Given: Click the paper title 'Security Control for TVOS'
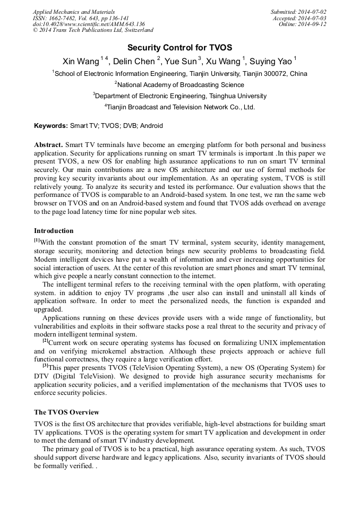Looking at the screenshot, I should point(179,47).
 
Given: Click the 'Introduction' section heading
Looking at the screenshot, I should point(54,231).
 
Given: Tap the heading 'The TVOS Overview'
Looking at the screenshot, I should point(66,412).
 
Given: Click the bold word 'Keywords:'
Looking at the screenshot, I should point(51,126).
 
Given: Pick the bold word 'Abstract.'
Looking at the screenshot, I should point(49,145).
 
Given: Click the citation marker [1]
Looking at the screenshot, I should point(37,241).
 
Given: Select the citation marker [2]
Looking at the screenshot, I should point(46,342).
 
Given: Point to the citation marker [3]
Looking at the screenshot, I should point(46,366).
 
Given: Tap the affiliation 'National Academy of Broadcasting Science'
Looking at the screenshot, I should point(181,85).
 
